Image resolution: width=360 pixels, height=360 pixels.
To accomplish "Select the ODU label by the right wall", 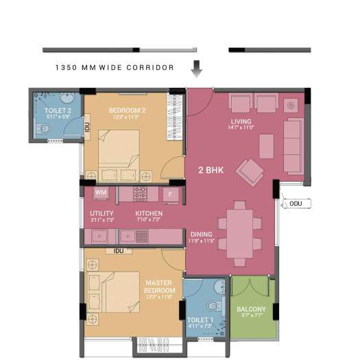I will (296, 204).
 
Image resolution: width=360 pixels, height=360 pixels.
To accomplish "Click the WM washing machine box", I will (101, 193).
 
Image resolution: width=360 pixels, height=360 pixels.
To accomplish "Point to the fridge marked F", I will (171, 194).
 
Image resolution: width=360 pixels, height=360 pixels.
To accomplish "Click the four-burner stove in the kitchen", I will (141, 193).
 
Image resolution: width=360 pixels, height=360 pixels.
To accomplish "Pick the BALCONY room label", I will (251, 309).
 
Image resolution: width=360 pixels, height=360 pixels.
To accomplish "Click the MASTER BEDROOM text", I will (159, 286).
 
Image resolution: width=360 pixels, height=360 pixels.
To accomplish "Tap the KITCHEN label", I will (149, 214).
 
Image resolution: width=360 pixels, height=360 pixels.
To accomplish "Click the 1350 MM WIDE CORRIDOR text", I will (114, 68).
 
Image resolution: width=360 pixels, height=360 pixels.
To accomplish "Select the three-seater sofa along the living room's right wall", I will (293, 145).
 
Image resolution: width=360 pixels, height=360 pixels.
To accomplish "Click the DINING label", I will (201, 234).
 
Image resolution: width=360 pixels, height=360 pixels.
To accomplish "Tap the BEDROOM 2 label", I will (127, 110).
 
